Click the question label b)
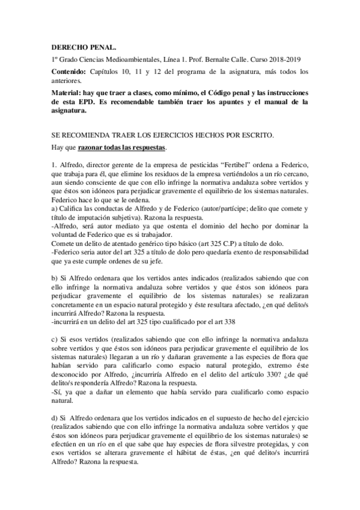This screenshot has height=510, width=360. click(x=55, y=278)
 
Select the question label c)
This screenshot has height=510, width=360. click(x=54, y=340)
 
